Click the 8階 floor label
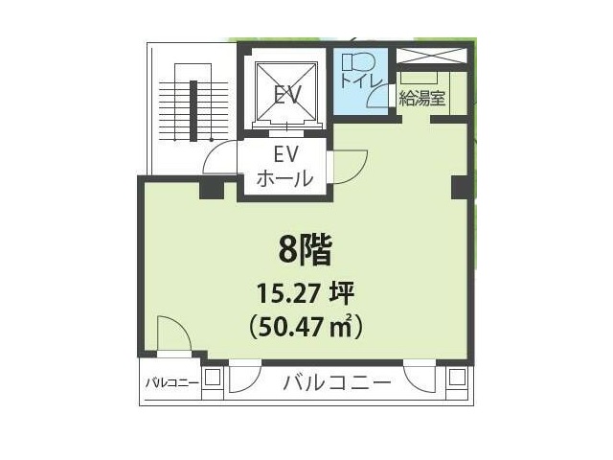pyautogui.click(x=306, y=250)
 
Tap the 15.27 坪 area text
pyautogui.click(x=305, y=293)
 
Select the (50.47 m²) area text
pyautogui.click(x=306, y=327)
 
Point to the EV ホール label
pyautogui.click(x=285, y=167)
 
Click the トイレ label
pyautogui.click(x=361, y=80)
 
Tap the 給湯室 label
pyautogui.click(x=421, y=98)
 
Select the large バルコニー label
pyautogui.click(x=336, y=382)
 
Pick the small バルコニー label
pyautogui.click(x=172, y=383)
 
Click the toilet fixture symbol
pyautogui.click(x=358, y=61)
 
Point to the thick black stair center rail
pyautogui.click(x=193, y=111)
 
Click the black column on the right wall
pyautogui.click(x=460, y=188)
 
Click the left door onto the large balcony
pyautogui.click(x=245, y=377)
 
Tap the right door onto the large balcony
pyautogui.click(x=420, y=376)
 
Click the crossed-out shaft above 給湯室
pyautogui.click(x=432, y=56)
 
